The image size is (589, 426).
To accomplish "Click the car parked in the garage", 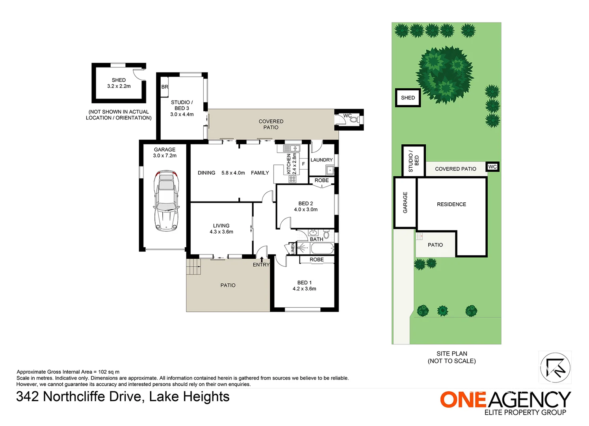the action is coord(166,201).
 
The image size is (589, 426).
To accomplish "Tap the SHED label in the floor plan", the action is coord(119,80).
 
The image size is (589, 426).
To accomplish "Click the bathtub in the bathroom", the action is coord(322,248).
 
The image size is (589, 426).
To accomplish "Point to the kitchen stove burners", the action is coord(292,179).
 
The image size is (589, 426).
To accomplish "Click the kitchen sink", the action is coord(292,148).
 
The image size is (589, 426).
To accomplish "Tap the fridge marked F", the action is coord(303,164).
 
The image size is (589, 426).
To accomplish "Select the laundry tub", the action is coord(330,170).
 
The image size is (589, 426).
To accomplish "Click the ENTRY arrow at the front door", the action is coord(262,259).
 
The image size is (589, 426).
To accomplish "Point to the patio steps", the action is coord(193,267).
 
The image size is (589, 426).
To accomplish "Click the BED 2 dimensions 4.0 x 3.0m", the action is coord(306,209).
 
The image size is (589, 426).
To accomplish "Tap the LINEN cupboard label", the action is coord(293,248).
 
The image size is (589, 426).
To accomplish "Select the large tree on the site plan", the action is coord(445,75).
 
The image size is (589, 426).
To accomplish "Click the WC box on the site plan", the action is coord(492,167).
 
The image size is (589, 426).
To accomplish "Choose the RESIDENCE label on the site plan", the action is coord(452,204).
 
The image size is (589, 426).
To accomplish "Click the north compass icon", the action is coord(555,368).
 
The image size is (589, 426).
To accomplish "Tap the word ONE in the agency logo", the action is coord(463,400).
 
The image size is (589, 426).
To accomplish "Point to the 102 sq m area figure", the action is coord(109,372).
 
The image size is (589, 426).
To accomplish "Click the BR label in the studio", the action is coord(165,87).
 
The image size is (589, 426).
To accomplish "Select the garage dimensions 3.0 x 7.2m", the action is coord(165,155).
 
